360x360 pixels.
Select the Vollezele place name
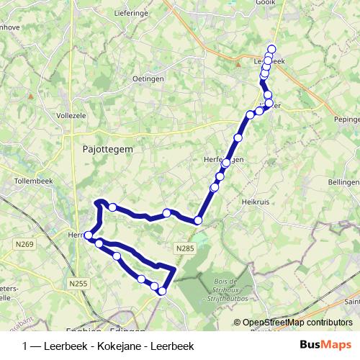(72, 114)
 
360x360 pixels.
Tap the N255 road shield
(77, 284)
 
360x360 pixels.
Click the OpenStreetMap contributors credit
(297, 323)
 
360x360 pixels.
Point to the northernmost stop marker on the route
(271, 48)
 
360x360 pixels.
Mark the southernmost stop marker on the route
(163, 291)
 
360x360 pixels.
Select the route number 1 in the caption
(26, 344)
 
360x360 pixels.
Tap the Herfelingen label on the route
(223, 160)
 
